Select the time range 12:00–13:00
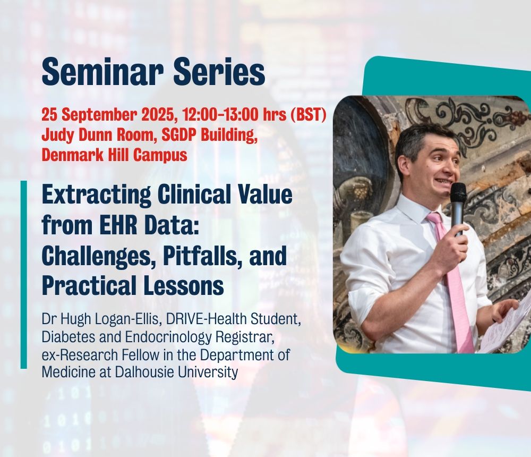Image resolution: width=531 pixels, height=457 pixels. click(221, 115)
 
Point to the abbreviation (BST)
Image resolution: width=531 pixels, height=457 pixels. click(308, 115)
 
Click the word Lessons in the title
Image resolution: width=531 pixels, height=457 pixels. click(183, 285)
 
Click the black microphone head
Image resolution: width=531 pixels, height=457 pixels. click(458, 194)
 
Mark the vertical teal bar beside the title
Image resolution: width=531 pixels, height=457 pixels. click(24, 275)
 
